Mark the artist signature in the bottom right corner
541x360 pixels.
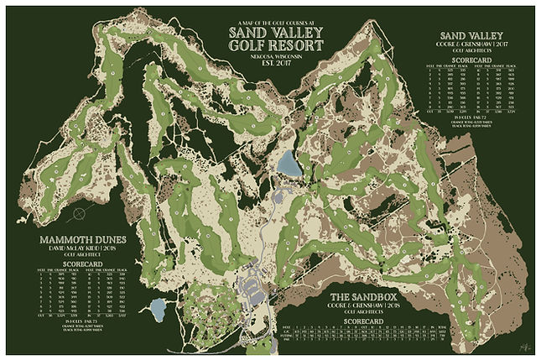(524, 343)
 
